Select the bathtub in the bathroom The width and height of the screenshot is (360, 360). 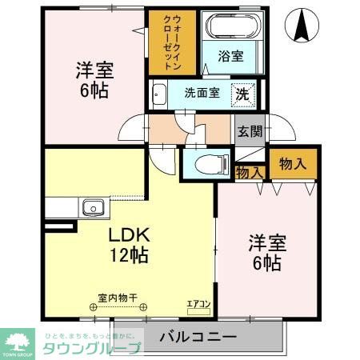[x=231, y=28]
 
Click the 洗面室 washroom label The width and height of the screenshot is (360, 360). [x=202, y=93]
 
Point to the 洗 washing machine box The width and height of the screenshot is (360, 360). [x=242, y=94]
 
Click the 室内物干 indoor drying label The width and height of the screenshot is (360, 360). [x=118, y=298]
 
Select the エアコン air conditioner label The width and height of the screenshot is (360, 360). [x=197, y=304]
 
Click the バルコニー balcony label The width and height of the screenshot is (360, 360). [x=196, y=337]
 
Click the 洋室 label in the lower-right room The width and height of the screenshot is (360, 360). [x=266, y=242]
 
